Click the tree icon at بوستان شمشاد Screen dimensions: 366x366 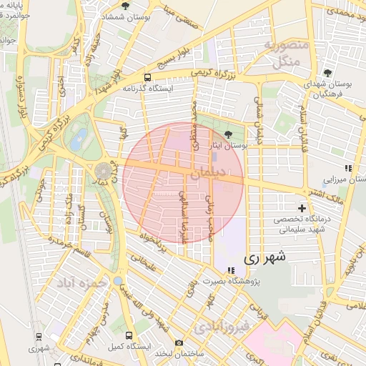coord(126,6)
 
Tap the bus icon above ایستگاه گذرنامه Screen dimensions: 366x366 coord(147,77)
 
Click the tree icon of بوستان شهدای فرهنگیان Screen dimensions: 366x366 coord(327,72)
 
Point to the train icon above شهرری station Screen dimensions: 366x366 coord(38,336)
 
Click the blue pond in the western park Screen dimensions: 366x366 coord(79,138)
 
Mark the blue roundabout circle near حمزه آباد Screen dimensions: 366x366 coord(117,281)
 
